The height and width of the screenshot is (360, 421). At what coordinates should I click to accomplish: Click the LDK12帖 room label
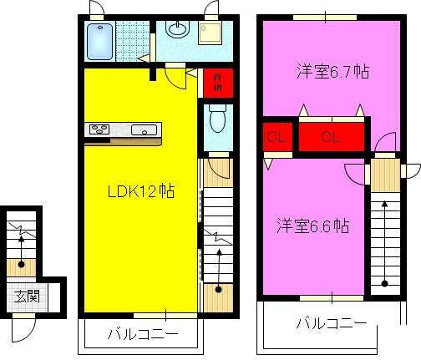pos(139,191)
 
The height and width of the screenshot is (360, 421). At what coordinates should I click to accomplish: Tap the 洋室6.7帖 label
pos(332,72)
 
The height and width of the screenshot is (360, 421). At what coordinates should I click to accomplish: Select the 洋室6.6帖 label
pos(313,226)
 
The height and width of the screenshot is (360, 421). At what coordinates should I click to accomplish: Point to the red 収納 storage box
pos(217,82)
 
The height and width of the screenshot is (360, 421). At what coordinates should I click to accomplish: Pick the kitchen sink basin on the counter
pos(144,129)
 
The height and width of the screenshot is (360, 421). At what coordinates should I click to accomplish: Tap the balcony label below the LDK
pos(142,335)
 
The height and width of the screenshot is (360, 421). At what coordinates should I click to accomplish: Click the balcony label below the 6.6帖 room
pos(332,323)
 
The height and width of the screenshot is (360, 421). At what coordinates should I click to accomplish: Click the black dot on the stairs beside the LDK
pos(218,290)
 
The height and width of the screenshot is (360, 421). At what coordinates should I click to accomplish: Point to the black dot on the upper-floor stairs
pos(385,283)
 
